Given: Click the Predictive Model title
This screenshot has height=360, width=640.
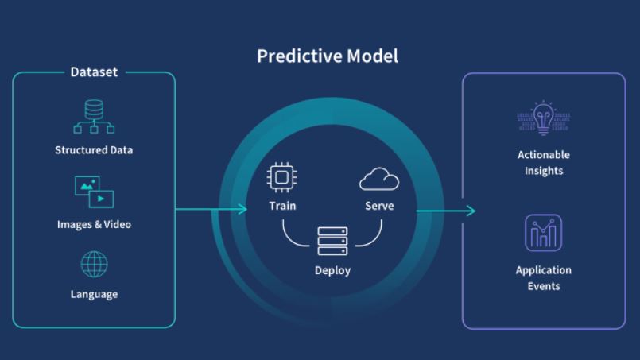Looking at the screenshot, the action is pyautogui.click(x=328, y=56).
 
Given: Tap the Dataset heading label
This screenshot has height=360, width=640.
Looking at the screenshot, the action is pyautogui.click(x=94, y=72).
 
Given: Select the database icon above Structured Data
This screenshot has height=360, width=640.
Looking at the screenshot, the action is pyautogui.click(x=94, y=116).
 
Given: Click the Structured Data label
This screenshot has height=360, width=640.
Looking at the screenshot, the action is pyautogui.click(x=94, y=150).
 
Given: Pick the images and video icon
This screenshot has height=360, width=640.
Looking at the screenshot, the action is pyautogui.click(x=94, y=192).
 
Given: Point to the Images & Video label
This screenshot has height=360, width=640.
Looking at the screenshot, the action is pyautogui.click(x=94, y=224).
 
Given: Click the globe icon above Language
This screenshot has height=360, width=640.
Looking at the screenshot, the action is pyautogui.click(x=94, y=265).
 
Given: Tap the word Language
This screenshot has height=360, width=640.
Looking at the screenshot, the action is pyautogui.click(x=94, y=294).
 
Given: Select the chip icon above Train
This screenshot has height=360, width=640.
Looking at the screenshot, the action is pyautogui.click(x=281, y=177).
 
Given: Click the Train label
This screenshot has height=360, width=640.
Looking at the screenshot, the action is pyautogui.click(x=282, y=206).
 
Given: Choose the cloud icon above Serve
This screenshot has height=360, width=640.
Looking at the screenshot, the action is pyautogui.click(x=379, y=179).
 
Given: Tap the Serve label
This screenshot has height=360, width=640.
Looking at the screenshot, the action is pyautogui.click(x=379, y=206).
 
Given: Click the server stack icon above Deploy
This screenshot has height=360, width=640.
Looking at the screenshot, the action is pyautogui.click(x=332, y=241).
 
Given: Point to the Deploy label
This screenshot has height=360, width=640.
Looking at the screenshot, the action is pyautogui.click(x=332, y=271).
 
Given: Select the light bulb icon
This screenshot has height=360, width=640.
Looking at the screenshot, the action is pyautogui.click(x=543, y=118).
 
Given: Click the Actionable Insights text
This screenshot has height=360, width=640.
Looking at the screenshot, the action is pyautogui.click(x=544, y=162).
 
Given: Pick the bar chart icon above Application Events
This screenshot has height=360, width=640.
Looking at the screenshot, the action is pyautogui.click(x=543, y=233).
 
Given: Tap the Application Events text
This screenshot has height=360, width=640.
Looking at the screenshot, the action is pyautogui.click(x=544, y=278).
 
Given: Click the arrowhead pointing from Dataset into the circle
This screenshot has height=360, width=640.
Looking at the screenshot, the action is pyautogui.click(x=242, y=209).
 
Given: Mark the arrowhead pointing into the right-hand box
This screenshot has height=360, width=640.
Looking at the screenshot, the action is pyautogui.click(x=471, y=211).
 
